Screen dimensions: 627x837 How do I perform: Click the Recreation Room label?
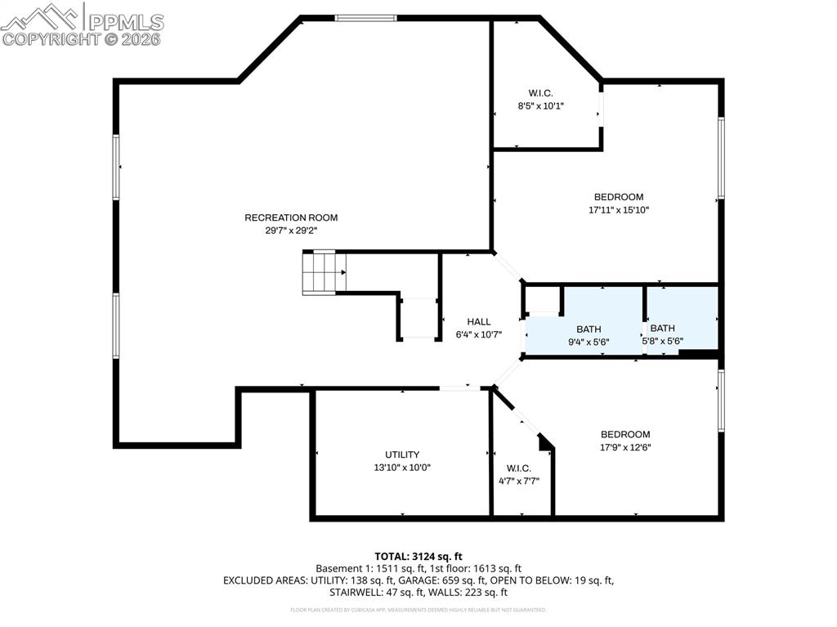291,217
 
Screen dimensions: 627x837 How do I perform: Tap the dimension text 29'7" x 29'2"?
291,231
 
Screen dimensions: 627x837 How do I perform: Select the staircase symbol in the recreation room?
324,272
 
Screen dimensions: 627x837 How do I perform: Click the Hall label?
479,321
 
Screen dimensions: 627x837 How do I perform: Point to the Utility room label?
402,455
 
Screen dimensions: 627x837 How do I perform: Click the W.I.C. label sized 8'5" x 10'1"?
540,93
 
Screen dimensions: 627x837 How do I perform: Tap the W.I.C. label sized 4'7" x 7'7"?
518,468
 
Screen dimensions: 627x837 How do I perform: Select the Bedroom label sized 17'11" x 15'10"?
618,197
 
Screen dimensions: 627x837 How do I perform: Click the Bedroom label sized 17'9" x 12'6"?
625,434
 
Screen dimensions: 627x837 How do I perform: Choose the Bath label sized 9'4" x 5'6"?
589,329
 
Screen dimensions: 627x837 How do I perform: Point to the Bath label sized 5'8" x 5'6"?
662,328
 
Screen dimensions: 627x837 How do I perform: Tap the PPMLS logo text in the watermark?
125,22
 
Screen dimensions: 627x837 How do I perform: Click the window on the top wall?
365,17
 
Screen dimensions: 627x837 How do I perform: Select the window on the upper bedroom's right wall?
721,158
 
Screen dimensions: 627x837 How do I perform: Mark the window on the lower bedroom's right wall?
721,400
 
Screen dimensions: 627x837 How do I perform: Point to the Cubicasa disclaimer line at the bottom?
418,610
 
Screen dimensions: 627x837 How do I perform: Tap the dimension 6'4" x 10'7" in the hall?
479,334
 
